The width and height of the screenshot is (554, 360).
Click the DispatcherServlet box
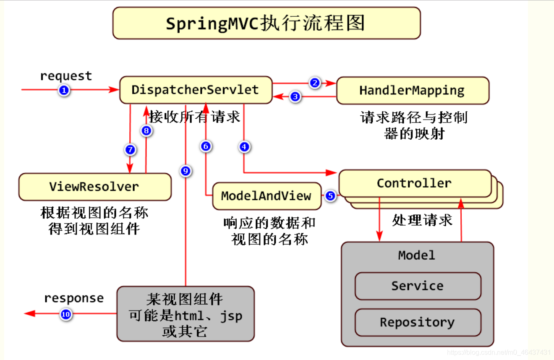(196, 90)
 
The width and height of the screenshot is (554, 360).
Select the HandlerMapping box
(413, 91)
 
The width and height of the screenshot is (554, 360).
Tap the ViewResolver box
(95, 187)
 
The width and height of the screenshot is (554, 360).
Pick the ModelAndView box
(267, 196)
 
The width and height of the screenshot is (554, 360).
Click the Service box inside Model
(418, 286)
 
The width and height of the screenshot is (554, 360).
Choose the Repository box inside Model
(418, 322)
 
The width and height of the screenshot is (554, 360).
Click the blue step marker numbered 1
(64, 90)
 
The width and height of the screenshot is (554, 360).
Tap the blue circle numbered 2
(315, 83)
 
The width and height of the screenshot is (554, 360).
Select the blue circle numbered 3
(295, 97)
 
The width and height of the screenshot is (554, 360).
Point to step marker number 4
(244, 147)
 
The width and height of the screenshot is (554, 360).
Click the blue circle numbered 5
(330, 196)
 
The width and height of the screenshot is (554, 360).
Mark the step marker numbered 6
(206, 146)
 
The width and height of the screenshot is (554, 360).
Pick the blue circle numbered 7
(131, 150)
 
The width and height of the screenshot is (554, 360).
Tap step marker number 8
(146, 130)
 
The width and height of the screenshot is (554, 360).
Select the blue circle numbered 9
(186, 171)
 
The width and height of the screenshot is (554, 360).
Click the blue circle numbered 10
(66, 315)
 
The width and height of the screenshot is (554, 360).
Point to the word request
(66, 76)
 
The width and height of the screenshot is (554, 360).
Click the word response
(74, 299)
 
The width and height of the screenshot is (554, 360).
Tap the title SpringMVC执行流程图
(265, 23)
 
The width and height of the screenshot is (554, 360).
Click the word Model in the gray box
(417, 255)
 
